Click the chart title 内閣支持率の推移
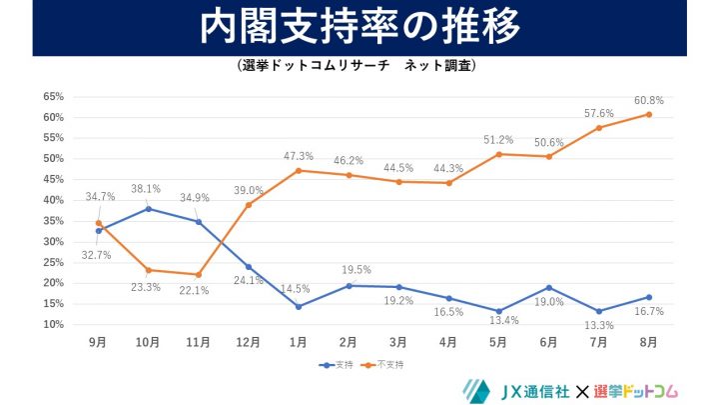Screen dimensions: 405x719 (359, 28)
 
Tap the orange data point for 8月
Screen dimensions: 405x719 (648, 114)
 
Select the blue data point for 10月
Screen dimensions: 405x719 (148, 208)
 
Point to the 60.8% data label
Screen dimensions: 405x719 (648, 100)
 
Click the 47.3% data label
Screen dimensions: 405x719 (299, 156)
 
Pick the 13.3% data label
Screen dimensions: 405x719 (598, 326)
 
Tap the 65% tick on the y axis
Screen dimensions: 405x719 (54, 97)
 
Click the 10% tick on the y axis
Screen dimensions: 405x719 (54, 325)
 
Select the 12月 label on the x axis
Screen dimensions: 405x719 (248, 342)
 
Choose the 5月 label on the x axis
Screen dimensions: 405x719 (498, 342)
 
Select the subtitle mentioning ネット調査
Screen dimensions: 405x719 (359, 66)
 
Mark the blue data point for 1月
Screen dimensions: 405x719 (298, 306)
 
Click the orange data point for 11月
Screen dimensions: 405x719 (198, 275)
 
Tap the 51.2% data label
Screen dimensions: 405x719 (498, 140)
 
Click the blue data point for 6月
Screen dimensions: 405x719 (548, 288)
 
